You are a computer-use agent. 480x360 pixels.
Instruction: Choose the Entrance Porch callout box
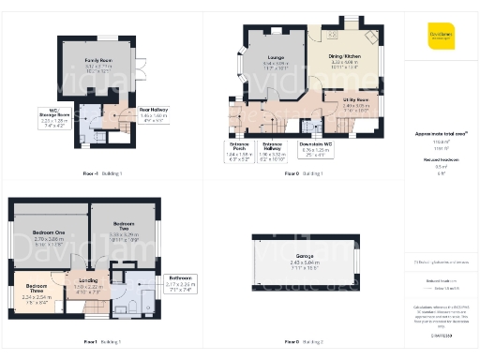[x=241, y=147]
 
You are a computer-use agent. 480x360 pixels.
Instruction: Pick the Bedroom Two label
[x=124, y=229]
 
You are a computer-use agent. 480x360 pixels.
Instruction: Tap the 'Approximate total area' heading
[x=441, y=134]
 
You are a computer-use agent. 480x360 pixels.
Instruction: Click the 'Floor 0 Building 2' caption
[x=306, y=344]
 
